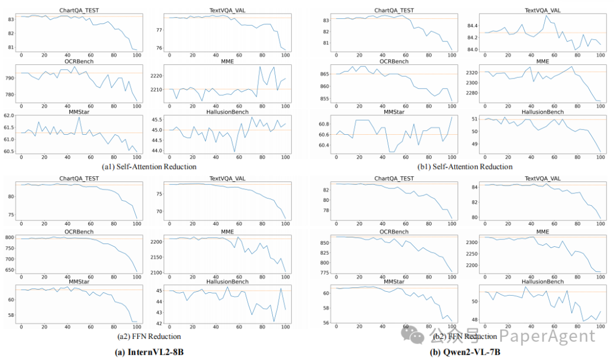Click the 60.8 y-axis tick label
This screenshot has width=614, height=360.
tap(325, 124)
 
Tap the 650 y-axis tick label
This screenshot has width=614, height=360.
tap(10, 268)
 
